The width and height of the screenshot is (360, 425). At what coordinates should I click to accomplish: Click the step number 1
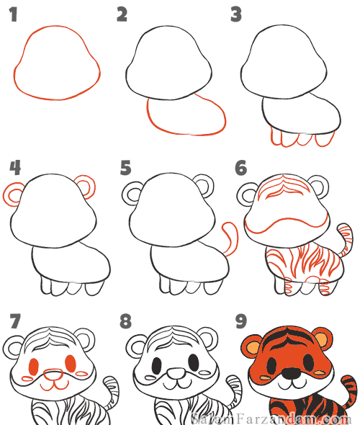point(13,14)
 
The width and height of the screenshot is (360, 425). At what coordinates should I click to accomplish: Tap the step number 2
point(122,14)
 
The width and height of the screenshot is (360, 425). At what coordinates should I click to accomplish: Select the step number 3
point(236,14)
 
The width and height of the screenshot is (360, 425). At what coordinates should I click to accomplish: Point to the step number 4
point(15,167)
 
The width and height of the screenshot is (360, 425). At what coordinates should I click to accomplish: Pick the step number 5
point(126,167)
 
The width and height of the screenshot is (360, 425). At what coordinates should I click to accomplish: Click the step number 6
point(240,167)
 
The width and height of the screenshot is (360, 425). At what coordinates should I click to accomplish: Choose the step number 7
point(15,321)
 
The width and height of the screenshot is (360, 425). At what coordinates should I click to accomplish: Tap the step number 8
point(125,321)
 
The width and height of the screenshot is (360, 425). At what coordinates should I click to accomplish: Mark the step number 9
point(240,321)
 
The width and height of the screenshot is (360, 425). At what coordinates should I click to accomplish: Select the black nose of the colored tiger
point(291,374)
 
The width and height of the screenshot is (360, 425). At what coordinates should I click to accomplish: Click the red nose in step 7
point(53,375)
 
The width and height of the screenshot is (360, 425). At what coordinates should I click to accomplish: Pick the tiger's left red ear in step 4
point(12,194)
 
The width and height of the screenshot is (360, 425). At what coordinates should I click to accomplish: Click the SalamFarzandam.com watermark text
point(271,419)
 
